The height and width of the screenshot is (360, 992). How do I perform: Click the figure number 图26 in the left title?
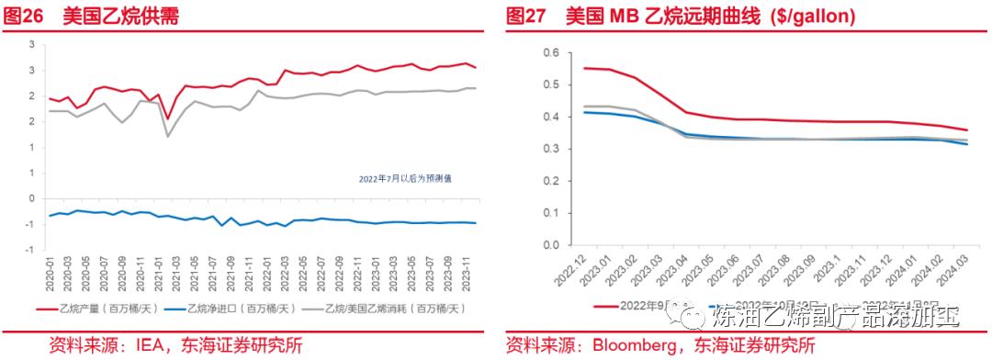[25, 17]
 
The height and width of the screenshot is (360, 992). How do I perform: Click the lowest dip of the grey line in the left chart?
[167, 136]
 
